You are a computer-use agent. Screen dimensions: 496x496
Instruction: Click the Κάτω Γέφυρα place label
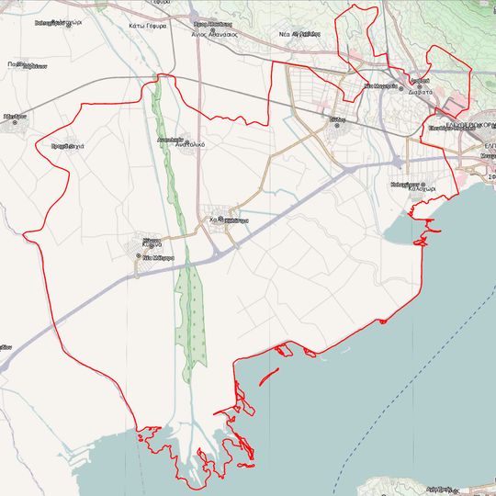click(x=147, y=26)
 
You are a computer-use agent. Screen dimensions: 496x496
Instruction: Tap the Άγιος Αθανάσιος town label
click(x=214, y=32)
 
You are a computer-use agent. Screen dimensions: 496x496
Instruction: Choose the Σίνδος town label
click(x=339, y=118)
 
